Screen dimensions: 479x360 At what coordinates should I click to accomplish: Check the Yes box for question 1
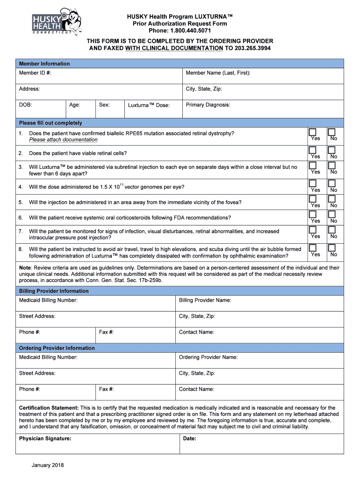coord(312,132)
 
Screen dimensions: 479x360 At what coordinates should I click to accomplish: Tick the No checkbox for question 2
coord(331,150)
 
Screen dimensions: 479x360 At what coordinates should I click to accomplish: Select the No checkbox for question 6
coord(331,214)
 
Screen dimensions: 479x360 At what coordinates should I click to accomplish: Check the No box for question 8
coord(331,248)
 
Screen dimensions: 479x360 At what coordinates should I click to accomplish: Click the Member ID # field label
coord(35,73)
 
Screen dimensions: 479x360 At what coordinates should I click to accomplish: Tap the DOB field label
coord(25,105)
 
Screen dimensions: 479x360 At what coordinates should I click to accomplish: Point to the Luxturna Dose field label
coord(149,105)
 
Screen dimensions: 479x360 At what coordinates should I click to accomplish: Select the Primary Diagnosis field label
coord(208,105)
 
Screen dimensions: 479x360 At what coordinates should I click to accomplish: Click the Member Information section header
coord(44,64)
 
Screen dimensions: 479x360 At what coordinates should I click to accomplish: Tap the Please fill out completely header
coord(50,123)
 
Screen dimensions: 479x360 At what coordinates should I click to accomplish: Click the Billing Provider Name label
coord(205,300)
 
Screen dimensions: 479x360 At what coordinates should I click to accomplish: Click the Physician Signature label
coord(45,439)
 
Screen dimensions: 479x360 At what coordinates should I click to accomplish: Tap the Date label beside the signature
coord(190,439)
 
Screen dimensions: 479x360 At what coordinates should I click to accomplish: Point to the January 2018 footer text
coord(48,465)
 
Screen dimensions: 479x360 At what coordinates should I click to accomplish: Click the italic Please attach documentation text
coord(63,139)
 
